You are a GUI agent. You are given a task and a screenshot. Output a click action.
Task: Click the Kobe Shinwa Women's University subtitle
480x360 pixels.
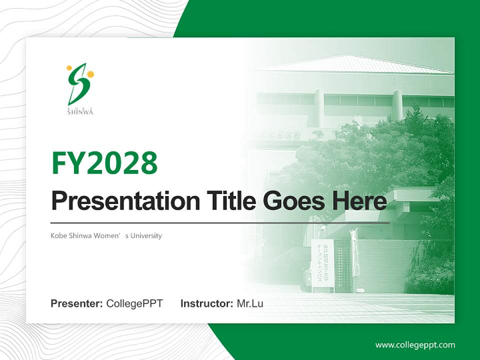(x=106, y=235)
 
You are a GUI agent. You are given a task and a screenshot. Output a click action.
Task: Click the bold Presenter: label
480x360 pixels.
(x=77, y=303)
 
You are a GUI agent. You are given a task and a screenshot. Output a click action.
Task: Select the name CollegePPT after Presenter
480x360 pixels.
(x=134, y=303)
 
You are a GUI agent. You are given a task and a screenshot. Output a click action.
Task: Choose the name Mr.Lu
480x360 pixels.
(x=250, y=303)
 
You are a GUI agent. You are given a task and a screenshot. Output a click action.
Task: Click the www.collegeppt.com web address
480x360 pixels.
(x=415, y=345)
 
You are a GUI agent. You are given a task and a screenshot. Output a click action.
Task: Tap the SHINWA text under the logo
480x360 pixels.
(x=80, y=112)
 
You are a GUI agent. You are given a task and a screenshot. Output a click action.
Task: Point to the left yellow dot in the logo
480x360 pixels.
(x=69, y=67)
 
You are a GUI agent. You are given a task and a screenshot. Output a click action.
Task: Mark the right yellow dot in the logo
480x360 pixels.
(x=90, y=74)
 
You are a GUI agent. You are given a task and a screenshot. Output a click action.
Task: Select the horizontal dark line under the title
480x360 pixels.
(x=220, y=222)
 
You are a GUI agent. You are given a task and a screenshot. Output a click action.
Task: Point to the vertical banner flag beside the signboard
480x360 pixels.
(x=354, y=252)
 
